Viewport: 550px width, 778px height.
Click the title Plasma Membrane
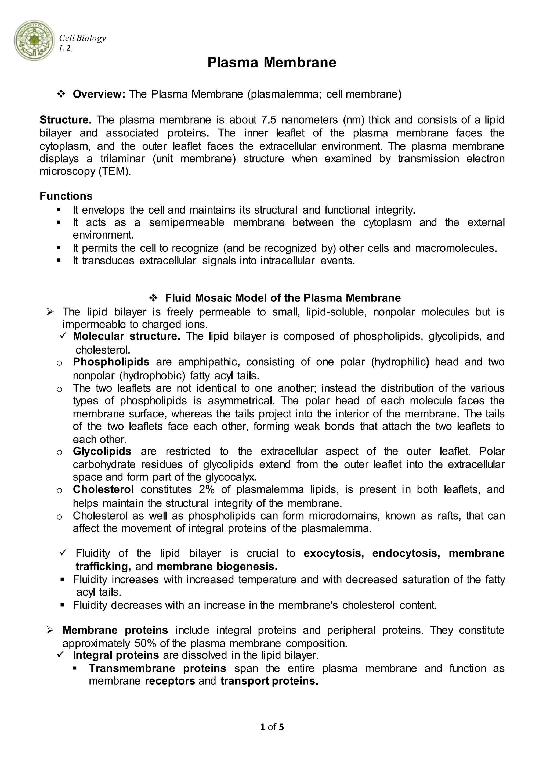click(x=272, y=63)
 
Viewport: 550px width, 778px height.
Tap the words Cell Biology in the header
click(x=82, y=38)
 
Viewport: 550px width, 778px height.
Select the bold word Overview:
click(x=99, y=94)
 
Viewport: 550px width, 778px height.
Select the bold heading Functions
click(x=66, y=196)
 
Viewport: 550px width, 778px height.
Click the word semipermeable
click(x=187, y=223)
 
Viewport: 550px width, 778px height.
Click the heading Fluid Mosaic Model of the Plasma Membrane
click(x=283, y=298)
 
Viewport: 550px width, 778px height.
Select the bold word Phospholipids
click(x=111, y=362)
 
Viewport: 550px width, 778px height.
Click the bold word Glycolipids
click(x=102, y=451)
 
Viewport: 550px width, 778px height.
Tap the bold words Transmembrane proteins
click(x=157, y=668)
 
